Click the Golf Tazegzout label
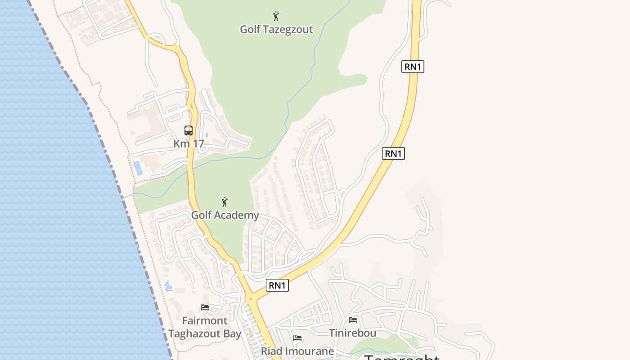coord(276,30)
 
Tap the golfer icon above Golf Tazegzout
coord(276,17)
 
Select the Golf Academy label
coord(225,215)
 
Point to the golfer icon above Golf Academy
coord(225,202)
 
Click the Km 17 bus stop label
coord(189,144)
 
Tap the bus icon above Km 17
coord(189,130)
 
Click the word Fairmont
coord(205,321)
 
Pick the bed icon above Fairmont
coord(205,307)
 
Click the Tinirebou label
coord(352,333)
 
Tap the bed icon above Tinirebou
coord(353,320)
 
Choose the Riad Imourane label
coord(297,351)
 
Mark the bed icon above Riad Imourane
coord(297,337)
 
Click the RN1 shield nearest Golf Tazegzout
coord(413,67)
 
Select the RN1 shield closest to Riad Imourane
coord(277,285)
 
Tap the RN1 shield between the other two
coord(393,153)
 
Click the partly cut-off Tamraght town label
coord(401,358)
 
